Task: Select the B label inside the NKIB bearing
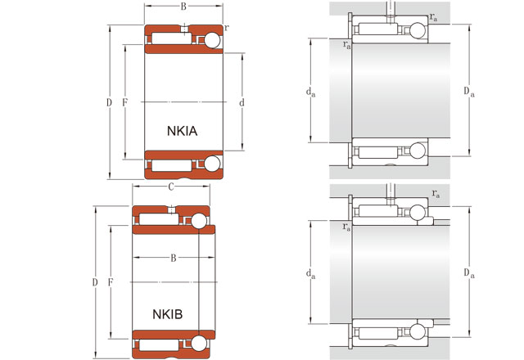click(x=173, y=259)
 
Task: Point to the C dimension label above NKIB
click(x=170, y=187)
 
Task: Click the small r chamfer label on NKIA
click(x=226, y=27)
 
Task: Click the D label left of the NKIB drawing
click(x=95, y=282)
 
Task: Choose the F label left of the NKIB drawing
click(x=111, y=282)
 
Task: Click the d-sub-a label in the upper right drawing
click(x=311, y=92)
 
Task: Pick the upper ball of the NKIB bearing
click(x=199, y=221)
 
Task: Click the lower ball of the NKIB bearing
click(x=199, y=344)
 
